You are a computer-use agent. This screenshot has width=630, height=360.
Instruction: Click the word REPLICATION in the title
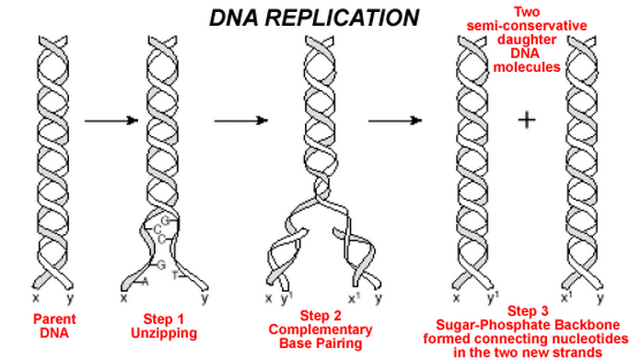[x=346, y=17]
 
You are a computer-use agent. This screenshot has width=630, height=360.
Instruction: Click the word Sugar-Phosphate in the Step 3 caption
[x=489, y=324]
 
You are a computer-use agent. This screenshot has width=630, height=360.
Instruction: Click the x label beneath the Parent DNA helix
[x=35, y=297]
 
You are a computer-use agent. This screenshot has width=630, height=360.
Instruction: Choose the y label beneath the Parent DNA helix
[x=71, y=297]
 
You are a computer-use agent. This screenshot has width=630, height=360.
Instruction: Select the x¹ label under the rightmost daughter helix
[x=567, y=296]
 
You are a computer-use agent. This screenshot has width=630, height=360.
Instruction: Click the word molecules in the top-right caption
[x=526, y=66]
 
